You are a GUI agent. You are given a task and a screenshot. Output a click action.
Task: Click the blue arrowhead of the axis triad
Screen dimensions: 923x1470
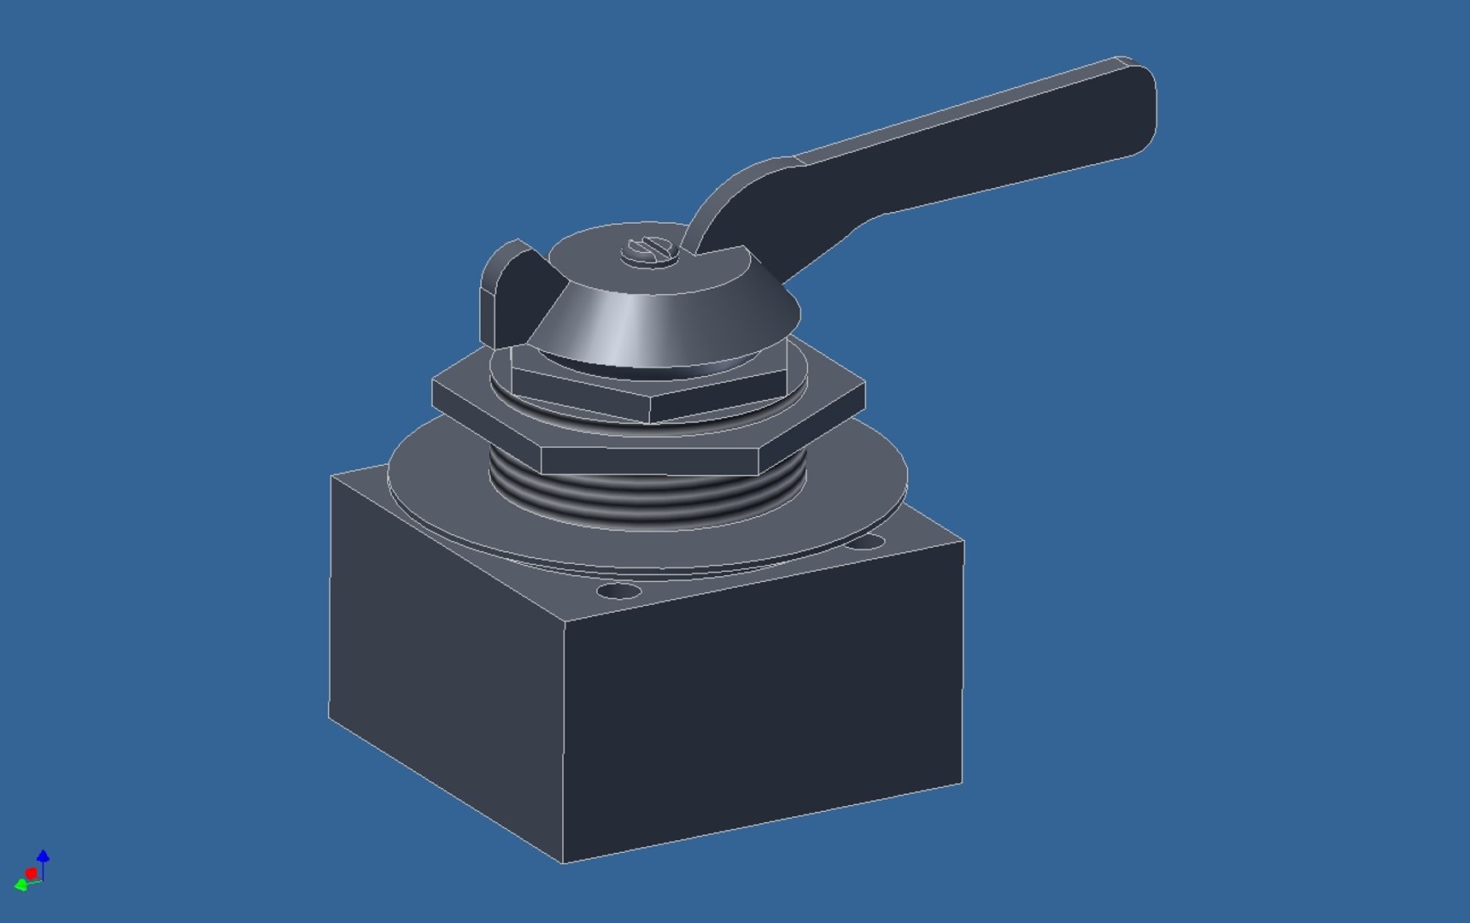pyautogui.click(x=44, y=855)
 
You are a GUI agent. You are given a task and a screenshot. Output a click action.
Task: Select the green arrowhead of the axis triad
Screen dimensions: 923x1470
pyautogui.click(x=20, y=885)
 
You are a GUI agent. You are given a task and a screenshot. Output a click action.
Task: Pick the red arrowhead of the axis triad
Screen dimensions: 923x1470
pyautogui.click(x=32, y=873)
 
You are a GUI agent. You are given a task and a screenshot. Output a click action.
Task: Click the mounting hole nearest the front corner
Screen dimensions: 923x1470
pyautogui.click(x=618, y=591)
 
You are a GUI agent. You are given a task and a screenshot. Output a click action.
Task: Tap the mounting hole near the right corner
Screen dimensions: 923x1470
pyautogui.click(x=866, y=542)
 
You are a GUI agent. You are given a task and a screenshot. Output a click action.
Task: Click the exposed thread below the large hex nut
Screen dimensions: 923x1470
pyautogui.click(x=649, y=500)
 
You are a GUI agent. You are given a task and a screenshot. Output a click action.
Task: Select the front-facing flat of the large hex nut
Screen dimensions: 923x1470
pyautogui.click(x=649, y=461)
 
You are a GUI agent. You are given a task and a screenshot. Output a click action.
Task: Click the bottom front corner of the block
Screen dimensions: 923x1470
pyautogui.click(x=563, y=861)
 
